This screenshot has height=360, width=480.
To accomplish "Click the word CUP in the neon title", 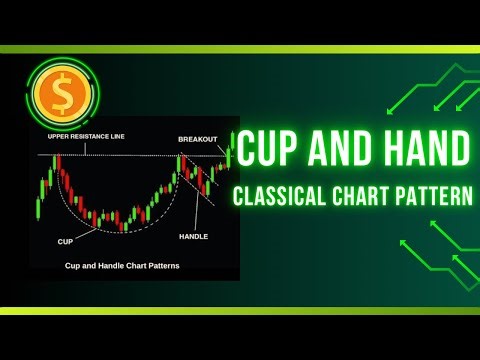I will click(276, 151).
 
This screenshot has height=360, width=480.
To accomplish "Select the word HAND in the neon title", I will click(421, 151).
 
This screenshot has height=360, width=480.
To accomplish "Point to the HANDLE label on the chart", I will click(193, 236).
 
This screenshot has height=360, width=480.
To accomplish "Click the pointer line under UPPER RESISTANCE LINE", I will click(85, 147).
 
